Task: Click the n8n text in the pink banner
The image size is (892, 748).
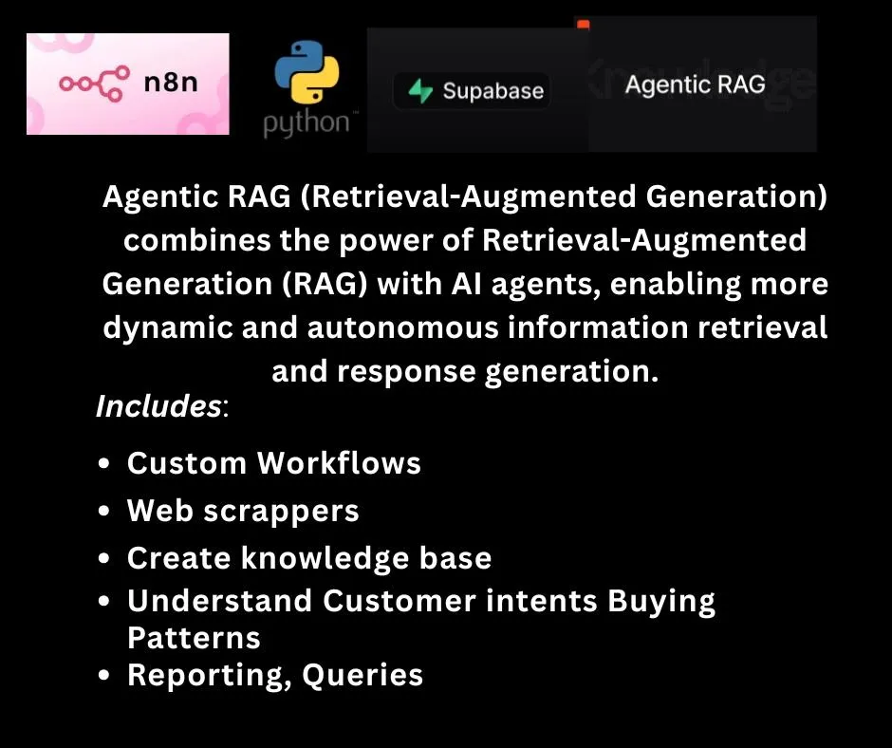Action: (x=171, y=83)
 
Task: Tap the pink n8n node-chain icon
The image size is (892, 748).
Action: (x=95, y=84)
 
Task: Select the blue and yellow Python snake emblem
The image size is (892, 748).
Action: (x=307, y=72)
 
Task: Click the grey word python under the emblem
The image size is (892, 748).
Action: (x=307, y=123)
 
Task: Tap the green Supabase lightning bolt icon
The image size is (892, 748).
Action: (x=420, y=91)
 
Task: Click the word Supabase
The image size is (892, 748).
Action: (x=493, y=91)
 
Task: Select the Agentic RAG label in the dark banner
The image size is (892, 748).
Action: (x=696, y=84)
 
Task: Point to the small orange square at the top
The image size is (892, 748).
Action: (x=583, y=25)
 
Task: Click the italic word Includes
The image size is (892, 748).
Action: (x=158, y=406)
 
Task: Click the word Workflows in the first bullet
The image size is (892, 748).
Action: (x=339, y=462)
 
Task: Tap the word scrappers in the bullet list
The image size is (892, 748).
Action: (x=282, y=512)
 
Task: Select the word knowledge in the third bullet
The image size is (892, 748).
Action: (x=325, y=558)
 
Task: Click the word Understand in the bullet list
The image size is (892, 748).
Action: (x=219, y=601)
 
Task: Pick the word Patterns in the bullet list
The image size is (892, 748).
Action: (x=194, y=638)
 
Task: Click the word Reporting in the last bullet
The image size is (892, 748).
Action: (x=205, y=676)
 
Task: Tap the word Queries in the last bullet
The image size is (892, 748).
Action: (x=362, y=675)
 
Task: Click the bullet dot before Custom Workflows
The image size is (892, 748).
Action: (x=103, y=463)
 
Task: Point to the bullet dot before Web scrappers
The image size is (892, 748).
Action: (x=103, y=511)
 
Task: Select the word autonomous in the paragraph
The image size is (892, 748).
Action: (x=402, y=327)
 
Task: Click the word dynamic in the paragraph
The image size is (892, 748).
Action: (x=168, y=328)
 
